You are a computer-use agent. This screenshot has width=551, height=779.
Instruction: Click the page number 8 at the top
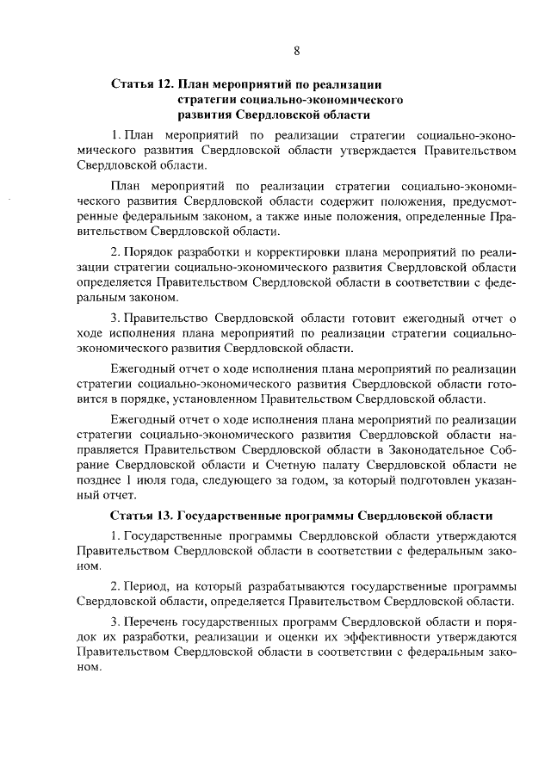[295, 51]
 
